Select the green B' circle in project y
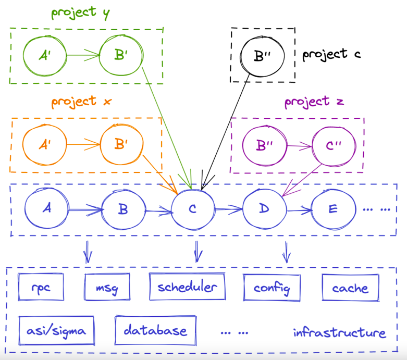point(120,54)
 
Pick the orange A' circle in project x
point(44,143)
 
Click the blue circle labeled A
point(47,208)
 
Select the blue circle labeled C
point(192,209)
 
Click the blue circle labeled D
point(264,208)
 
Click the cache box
point(350,288)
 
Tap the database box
point(155,330)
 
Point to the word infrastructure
point(339,332)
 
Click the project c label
point(331,54)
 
